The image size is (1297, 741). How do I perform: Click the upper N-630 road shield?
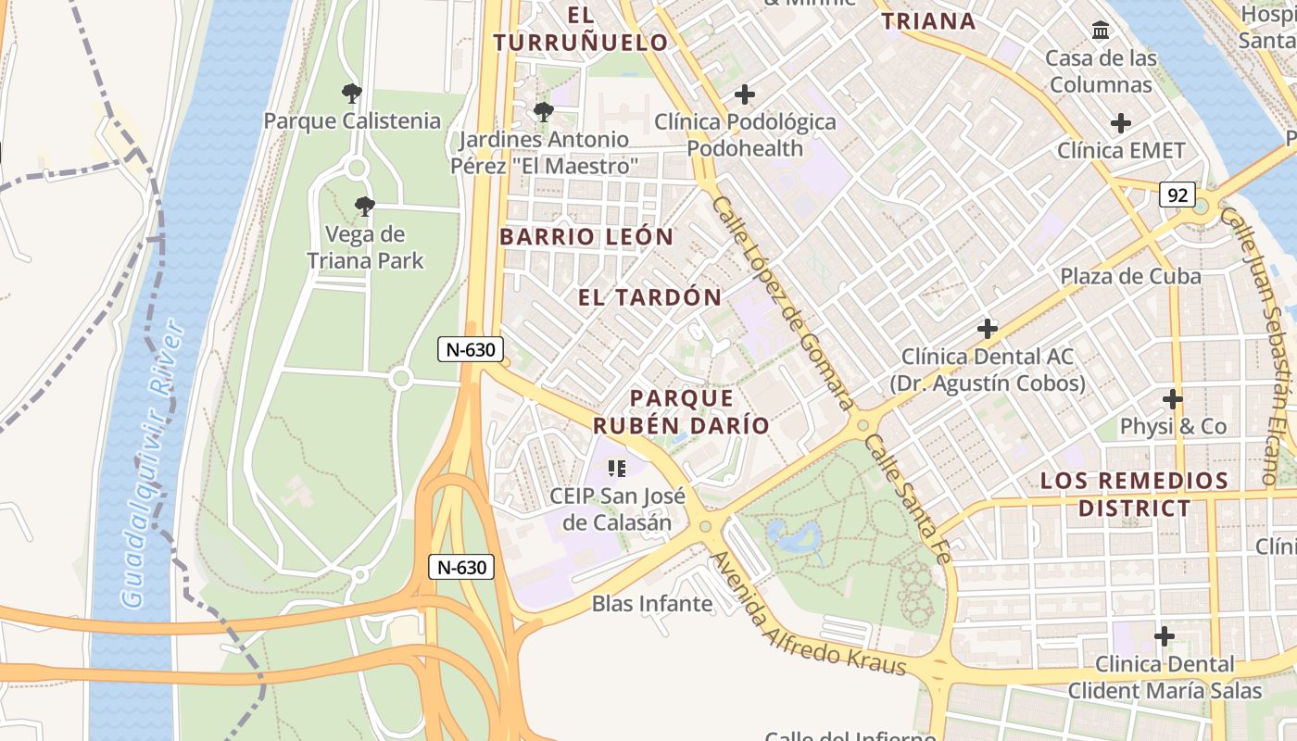click(x=472, y=349)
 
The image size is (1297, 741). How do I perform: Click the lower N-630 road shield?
click(x=460, y=567)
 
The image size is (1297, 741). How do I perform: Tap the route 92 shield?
click(x=1177, y=195)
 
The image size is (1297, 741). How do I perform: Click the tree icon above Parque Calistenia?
click(x=351, y=94)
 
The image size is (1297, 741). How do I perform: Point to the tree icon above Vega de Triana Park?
click(x=365, y=207)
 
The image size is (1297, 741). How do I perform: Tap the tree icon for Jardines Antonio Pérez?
click(x=544, y=113)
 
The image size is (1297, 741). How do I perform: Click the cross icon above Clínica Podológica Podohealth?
click(x=745, y=94)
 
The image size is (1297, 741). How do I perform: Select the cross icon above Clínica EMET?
click(x=1121, y=122)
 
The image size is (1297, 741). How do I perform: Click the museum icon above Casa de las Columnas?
click(x=1101, y=31)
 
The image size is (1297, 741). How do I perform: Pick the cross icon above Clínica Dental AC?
click(x=988, y=329)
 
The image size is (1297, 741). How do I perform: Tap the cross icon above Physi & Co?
click(x=1173, y=399)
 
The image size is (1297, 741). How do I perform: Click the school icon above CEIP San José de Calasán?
click(x=618, y=469)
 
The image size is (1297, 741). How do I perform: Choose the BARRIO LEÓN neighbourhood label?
click(x=586, y=236)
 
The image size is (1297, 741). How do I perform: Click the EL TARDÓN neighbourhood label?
click(x=649, y=297)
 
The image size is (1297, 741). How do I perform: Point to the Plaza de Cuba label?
click(x=1130, y=276)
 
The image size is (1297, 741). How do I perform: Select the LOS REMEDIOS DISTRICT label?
click(x=1134, y=494)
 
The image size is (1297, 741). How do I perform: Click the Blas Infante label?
click(x=652, y=604)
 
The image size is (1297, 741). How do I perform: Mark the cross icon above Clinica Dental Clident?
click(x=1165, y=636)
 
